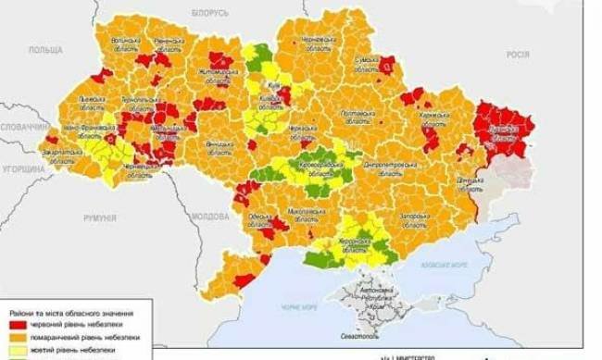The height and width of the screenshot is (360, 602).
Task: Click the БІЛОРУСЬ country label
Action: click(210, 13)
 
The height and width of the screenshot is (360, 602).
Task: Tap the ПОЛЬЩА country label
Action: click(45, 50)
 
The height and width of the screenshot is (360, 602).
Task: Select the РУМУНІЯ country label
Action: click(99, 218)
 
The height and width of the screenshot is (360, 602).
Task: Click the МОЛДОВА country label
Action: click(210, 216)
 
